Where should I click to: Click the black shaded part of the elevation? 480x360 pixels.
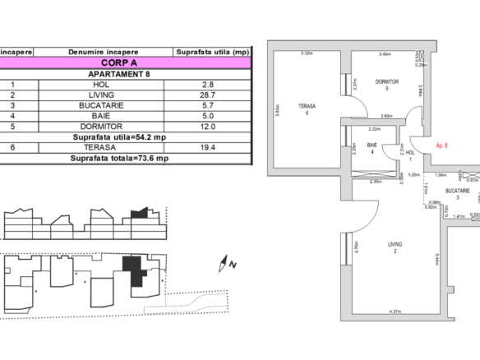pyautogui.click(x=140, y=213)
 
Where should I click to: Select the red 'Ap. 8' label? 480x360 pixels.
pyautogui.click(x=441, y=145)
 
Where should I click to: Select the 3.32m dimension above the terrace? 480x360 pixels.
pyautogui.click(x=307, y=53)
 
